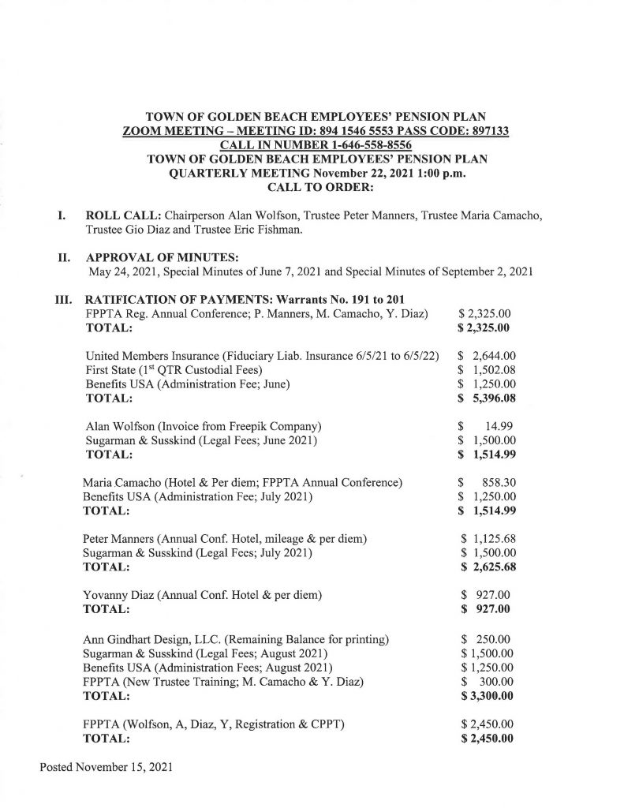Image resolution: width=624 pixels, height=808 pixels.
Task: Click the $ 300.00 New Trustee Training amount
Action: pos(488,681)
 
